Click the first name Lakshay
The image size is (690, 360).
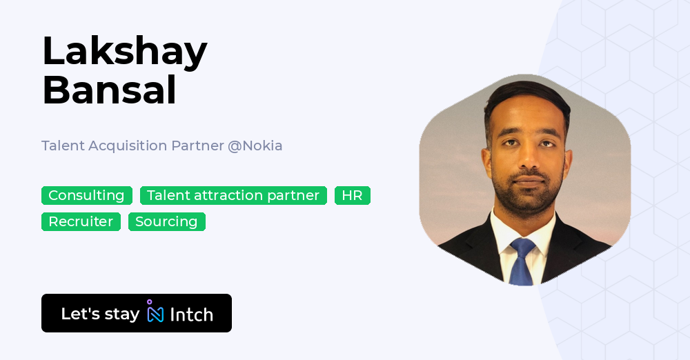pyautogui.click(x=124, y=52)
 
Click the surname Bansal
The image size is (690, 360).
pyautogui.click(x=110, y=90)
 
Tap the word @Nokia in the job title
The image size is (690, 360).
pyautogui.click(x=255, y=146)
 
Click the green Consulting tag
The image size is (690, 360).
pyautogui.click(x=87, y=195)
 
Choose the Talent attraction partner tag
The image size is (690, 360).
pyautogui.click(x=233, y=195)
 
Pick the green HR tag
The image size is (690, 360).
pyautogui.click(x=353, y=195)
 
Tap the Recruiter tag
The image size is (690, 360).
pyautogui.click(x=81, y=221)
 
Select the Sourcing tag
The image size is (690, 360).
pyautogui.click(x=167, y=221)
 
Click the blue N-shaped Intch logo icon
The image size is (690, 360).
pyautogui.click(x=155, y=311)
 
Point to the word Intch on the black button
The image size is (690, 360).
pyautogui.click(x=191, y=314)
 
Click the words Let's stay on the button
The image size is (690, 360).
pyautogui.click(x=100, y=314)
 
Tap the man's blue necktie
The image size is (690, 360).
pyautogui.click(x=522, y=261)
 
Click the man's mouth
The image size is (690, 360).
pyautogui.click(x=528, y=181)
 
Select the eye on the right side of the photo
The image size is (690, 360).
pyautogui.click(x=547, y=143)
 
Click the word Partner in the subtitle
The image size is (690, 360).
pyautogui.click(x=197, y=146)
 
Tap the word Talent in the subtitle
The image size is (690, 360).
pyautogui.click(x=63, y=146)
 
